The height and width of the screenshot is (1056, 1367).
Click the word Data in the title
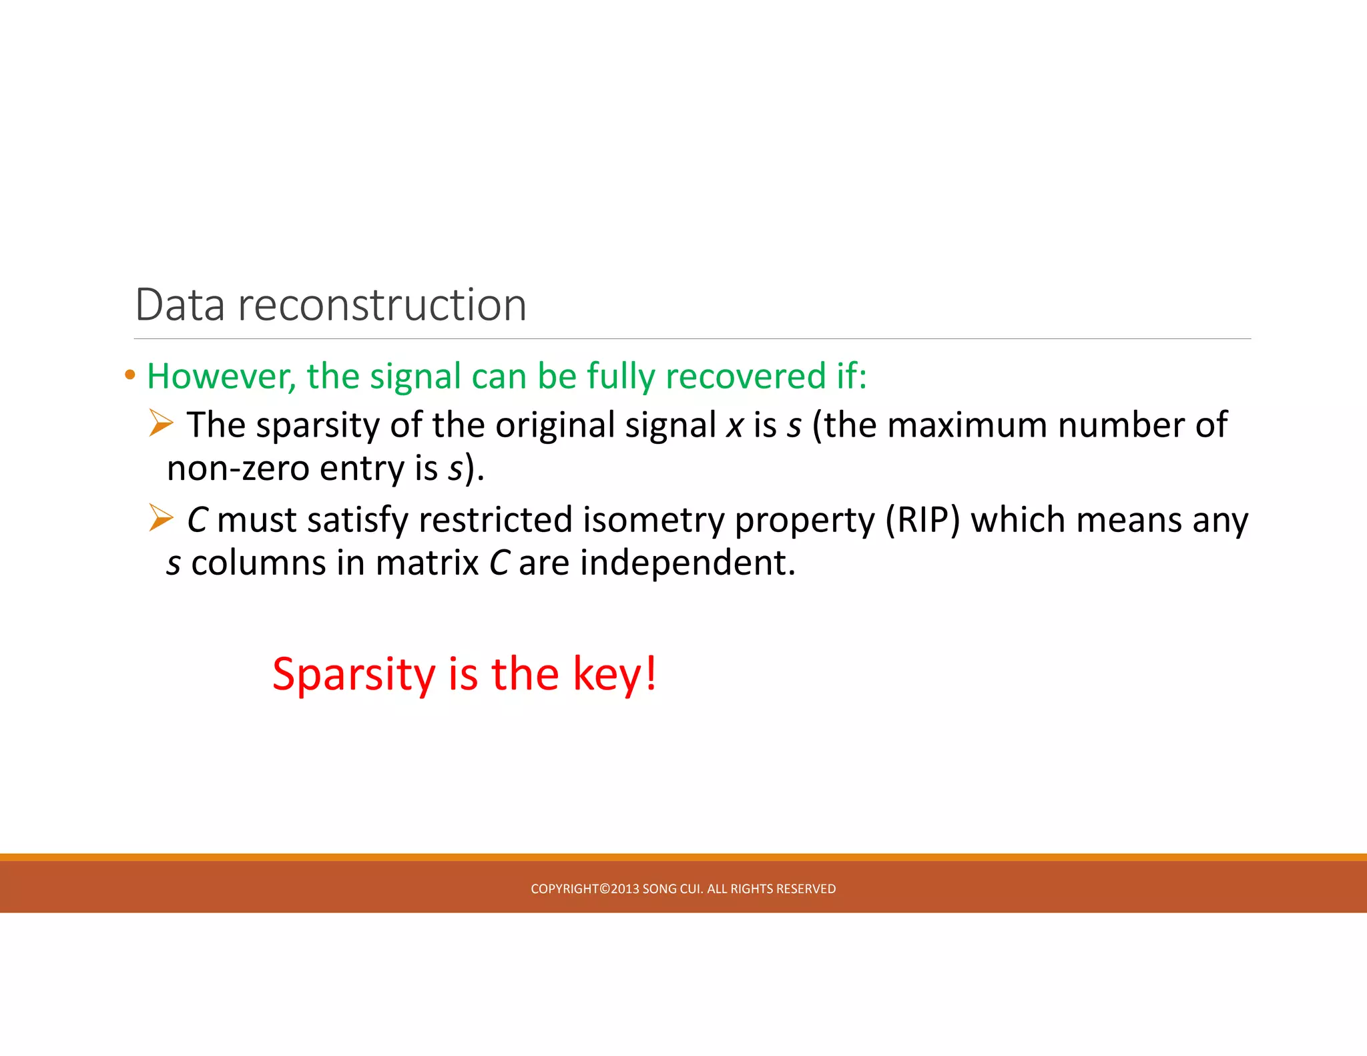[180, 305]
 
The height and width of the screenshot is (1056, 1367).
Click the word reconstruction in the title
[382, 305]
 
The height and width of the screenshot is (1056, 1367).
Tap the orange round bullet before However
[130, 375]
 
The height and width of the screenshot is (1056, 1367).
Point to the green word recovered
[745, 376]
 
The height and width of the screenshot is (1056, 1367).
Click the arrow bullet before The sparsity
[161, 423]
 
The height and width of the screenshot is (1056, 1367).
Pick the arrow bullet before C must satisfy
[161, 518]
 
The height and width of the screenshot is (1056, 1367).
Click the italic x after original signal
[734, 426]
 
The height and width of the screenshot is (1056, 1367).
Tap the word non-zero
[238, 469]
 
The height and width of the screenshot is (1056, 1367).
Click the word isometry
[653, 521]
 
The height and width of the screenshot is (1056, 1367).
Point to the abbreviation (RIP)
[922, 521]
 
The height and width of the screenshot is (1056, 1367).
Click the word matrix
[427, 563]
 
